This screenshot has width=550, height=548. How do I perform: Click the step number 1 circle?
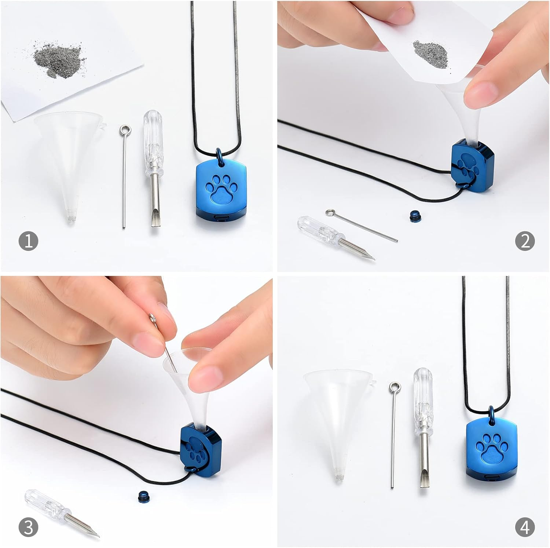(x=28, y=241)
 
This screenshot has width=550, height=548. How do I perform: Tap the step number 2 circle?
(x=525, y=241)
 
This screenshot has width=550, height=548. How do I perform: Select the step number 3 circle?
(x=28, y=527)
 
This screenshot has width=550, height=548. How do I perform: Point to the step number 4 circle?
(x=525, y=527)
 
